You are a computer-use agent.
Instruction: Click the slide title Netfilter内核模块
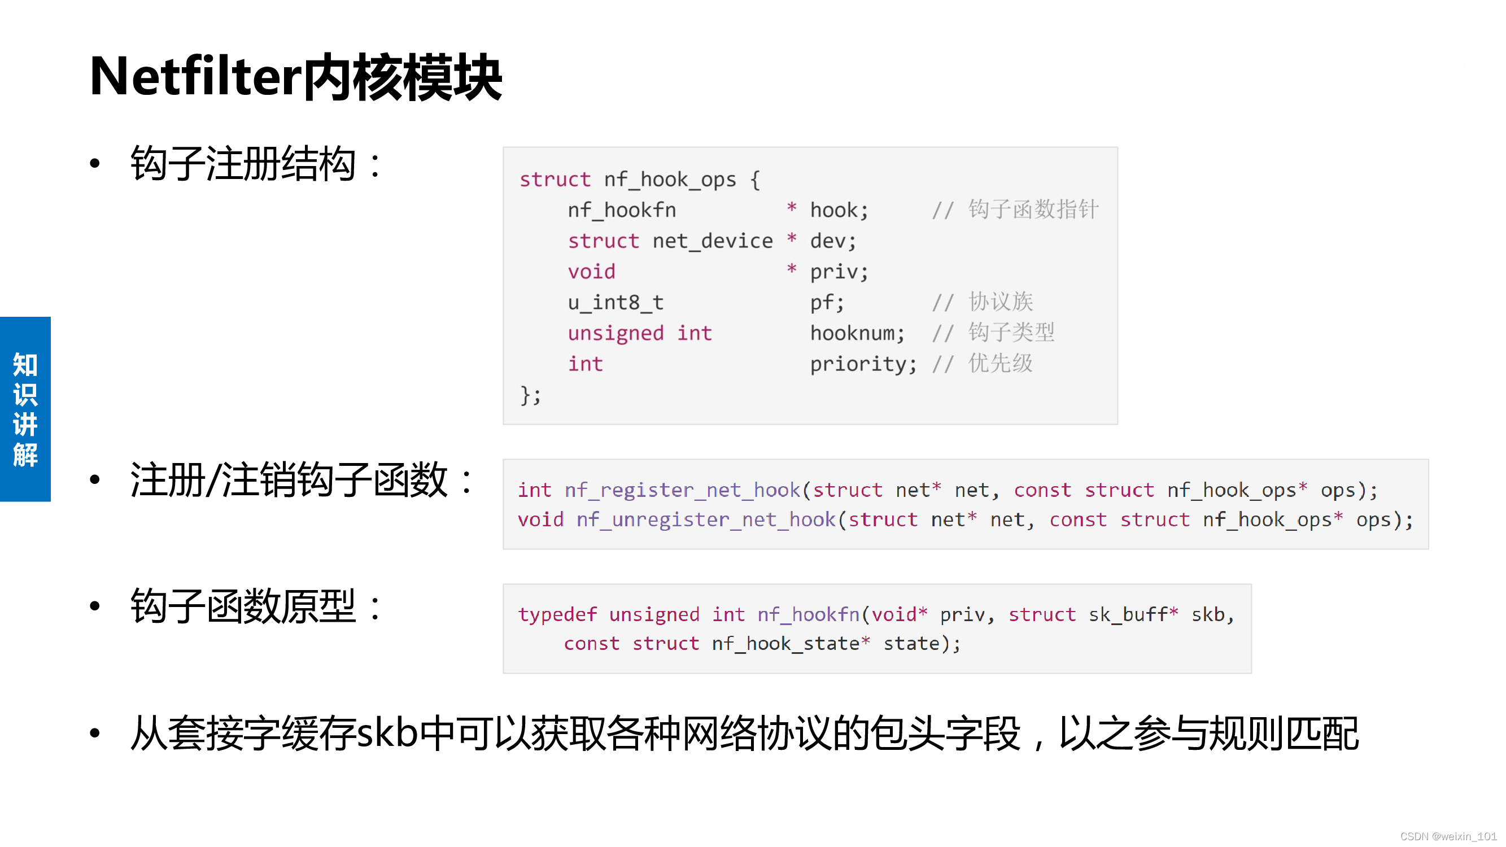coord(295,77)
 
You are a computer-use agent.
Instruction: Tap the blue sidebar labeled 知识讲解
coord(25,409)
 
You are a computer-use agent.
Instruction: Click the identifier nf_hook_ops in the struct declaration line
coord(669,180)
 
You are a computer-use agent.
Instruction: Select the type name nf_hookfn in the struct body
coord(622,210)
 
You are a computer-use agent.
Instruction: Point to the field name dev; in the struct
coord(832,241)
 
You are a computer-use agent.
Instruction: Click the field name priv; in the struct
coord(839,271)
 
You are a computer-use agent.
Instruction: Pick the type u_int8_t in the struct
coord(615,302)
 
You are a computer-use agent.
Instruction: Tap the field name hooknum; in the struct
coord(857,333)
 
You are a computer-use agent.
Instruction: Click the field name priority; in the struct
coord(862,364)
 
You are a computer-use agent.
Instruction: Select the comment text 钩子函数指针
coord(1033,209)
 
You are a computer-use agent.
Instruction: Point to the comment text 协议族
coord(1000,302)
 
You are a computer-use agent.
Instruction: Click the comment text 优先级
coord(1000,363)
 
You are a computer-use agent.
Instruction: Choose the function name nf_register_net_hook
coord(682,490)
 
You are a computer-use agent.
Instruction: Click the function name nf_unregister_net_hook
coord(705,519)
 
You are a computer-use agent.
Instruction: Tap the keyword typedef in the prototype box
coord(557,614)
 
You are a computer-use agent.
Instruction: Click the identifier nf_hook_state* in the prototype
coord(791,644)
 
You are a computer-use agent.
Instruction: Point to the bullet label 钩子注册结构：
coord(255,164)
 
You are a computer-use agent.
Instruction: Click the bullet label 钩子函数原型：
coord(255,606)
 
